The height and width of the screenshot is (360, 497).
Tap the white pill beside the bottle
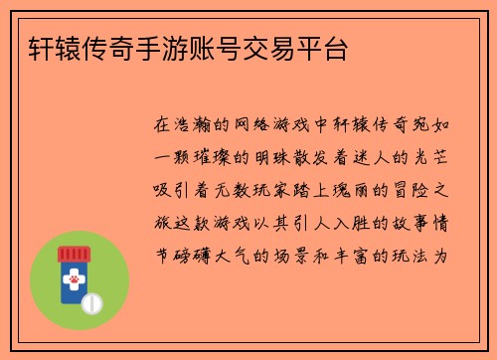coord(92,300)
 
